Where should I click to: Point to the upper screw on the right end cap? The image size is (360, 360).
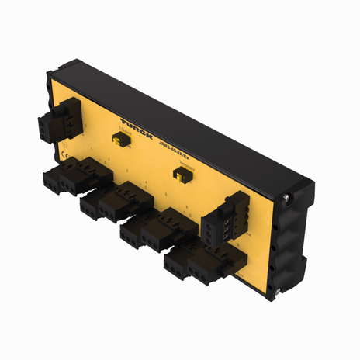click(x=286, y=200)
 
